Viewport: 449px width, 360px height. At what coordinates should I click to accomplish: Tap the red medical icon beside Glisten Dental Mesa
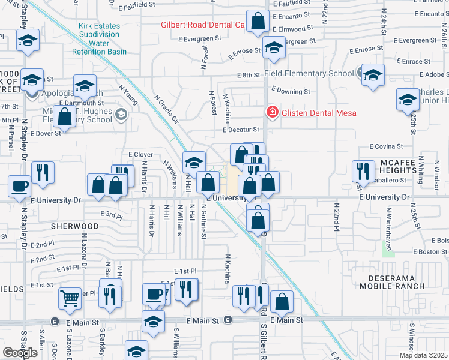(271, 112)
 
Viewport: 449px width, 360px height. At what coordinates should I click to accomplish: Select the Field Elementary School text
(309, 74)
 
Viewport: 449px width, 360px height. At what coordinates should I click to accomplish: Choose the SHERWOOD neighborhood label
(74, 226)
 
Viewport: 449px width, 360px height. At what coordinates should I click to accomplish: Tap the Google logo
(20, 352)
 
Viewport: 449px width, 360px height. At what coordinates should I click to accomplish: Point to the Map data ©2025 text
(423, 355)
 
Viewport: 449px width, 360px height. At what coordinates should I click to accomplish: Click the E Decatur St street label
(240, 130)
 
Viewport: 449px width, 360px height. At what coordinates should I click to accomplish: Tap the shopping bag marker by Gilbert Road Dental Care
(258, 22)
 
